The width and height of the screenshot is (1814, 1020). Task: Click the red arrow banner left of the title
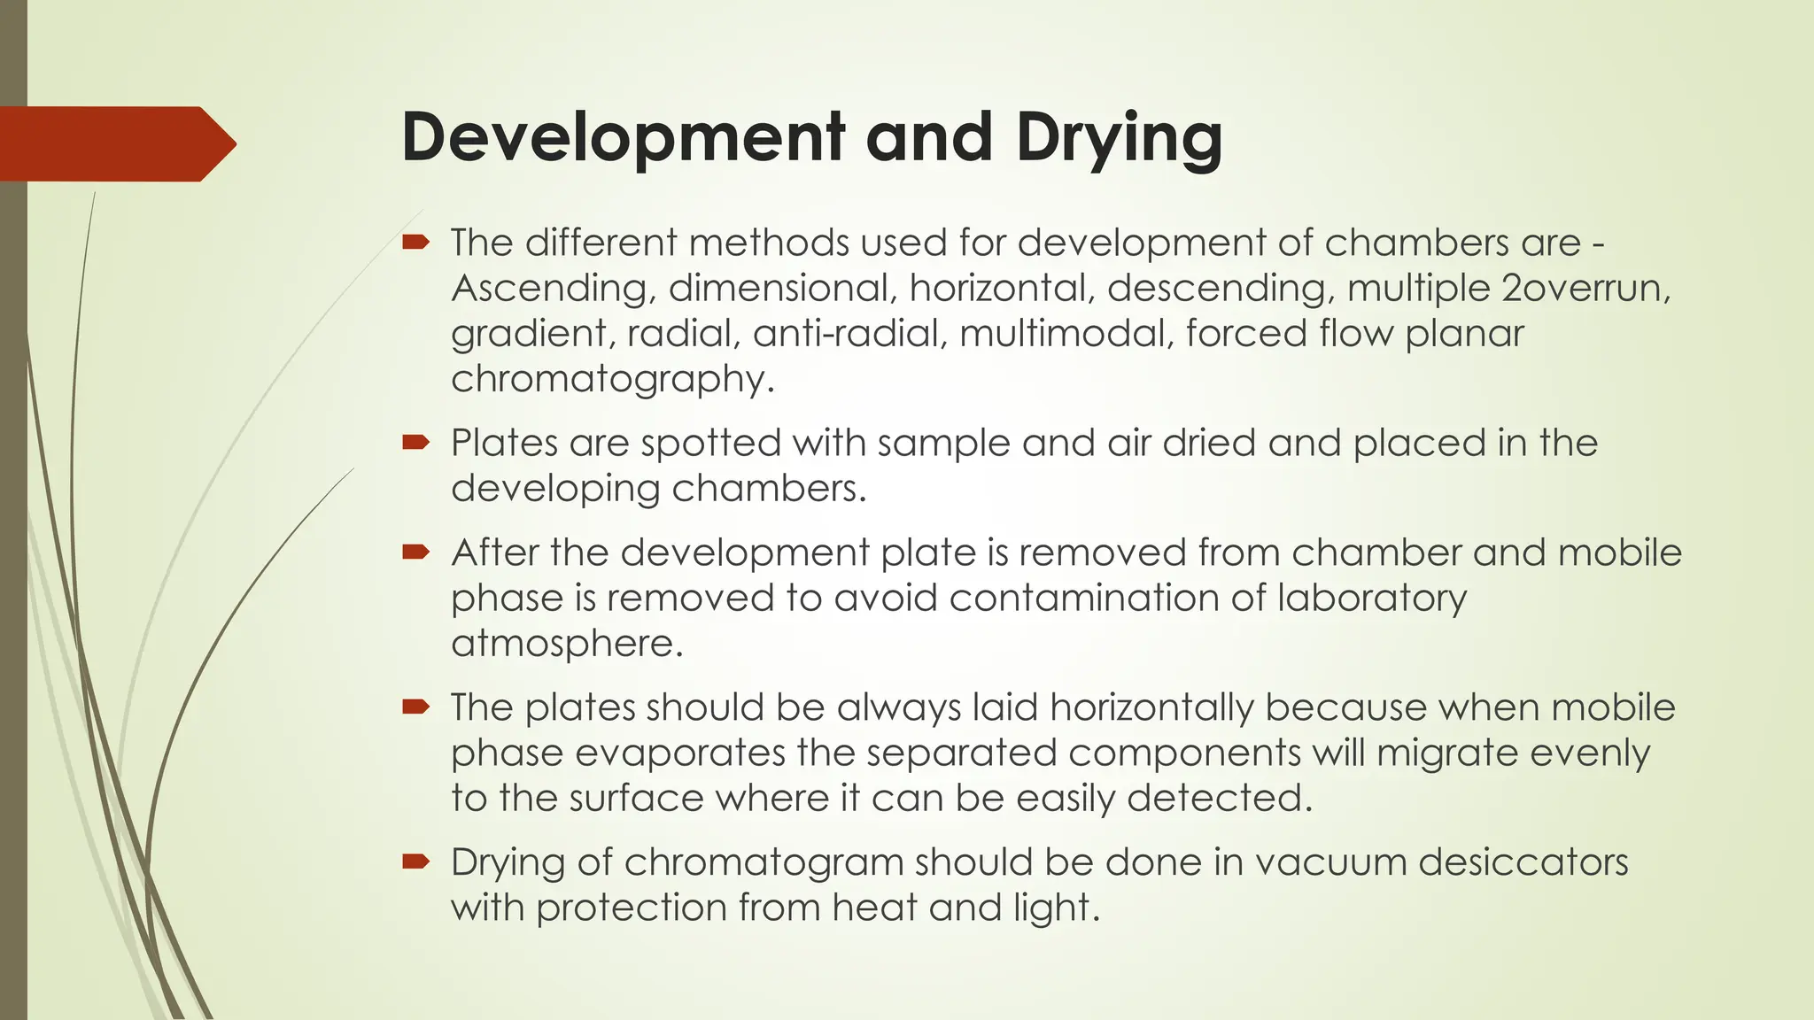point(115,143)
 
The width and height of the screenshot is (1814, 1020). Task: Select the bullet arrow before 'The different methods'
point(415,242)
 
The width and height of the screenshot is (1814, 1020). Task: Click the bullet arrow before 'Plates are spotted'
point(415,442)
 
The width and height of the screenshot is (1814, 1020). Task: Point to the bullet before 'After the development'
point(415,552)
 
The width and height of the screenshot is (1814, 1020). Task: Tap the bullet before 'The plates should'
point(415,707)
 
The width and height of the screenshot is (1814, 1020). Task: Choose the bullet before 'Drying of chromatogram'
point(415,862)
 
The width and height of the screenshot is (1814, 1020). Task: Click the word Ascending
point(553,289)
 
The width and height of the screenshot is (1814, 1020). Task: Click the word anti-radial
point(849,333)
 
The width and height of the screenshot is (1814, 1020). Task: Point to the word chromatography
point(612,379)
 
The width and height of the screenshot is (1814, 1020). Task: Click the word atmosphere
point(566,643)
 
